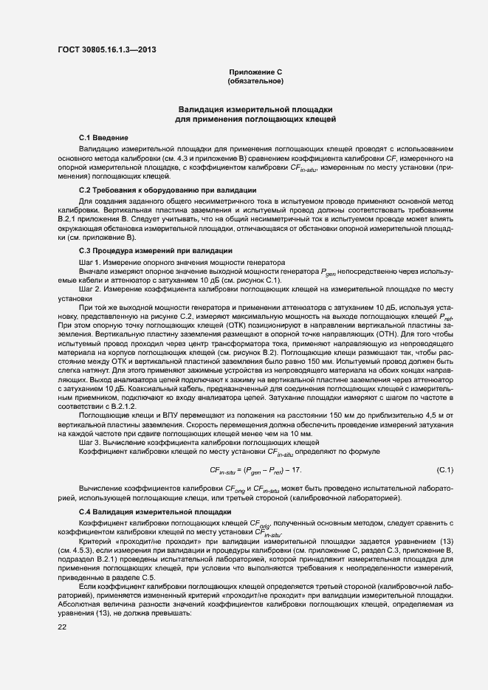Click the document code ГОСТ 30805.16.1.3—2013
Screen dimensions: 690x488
pos(106,50)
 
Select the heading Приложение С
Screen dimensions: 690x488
pos(255,72)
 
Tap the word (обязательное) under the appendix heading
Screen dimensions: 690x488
pos(255,80)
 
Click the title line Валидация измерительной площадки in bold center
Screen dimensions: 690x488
pos(255,108)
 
